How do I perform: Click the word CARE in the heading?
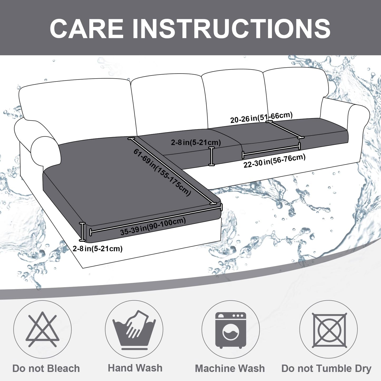[x=87, y=28]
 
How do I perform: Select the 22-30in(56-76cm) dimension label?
[x=274, y=161]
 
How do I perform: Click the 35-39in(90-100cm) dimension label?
[x=153, y=226]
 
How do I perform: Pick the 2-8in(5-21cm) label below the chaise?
[x=98, y=248]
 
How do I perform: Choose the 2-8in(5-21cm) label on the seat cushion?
[x=196, y=142]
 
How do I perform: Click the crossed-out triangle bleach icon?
[x=42, y=329]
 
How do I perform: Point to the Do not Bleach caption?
[x=46, y=368]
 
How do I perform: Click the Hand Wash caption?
[x=135, y=368]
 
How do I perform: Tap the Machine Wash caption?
[x=230, y=368]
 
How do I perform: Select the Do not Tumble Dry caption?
[x=326, y=368]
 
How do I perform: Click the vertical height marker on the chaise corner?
[x=83, y=232]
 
